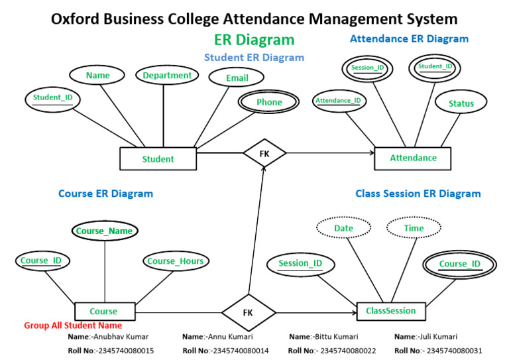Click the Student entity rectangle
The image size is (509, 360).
click(x=158, y=158)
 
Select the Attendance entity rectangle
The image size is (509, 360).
click(x=413, y=158)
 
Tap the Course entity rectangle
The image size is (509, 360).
click(x=103, y=311)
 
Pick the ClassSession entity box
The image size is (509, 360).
click(x=391, y=310)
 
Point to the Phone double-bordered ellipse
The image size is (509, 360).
click(x=269, y=102)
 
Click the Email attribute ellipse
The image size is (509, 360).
click(x=237, y=78)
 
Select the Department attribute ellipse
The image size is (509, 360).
click(x=167, y=76)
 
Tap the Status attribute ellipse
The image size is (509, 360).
click(x=461, y=103)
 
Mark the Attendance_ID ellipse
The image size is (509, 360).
click(x=338, y=101)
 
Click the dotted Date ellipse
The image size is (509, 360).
click(x=343, y=228)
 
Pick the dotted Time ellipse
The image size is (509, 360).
click(x=414, y=228)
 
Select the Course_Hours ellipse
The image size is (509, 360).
click(x=176, y=261)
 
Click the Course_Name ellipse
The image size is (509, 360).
click(x=104, y=231)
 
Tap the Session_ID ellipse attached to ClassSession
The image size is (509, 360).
click(x=300, y=263)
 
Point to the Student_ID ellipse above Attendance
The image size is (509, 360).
click(x=435, y=67)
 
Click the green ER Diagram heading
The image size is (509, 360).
click(x=254, y=40)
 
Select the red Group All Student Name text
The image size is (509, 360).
click(x=73, y=326)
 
